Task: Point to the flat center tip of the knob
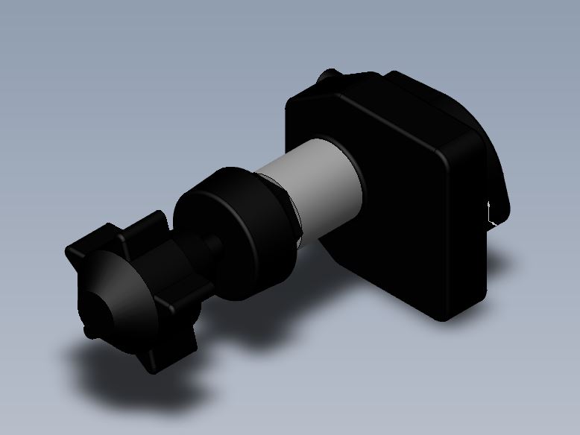[x=95, y=305]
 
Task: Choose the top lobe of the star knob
[x=149, y=223]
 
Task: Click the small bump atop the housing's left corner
[x=329, y=77]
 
